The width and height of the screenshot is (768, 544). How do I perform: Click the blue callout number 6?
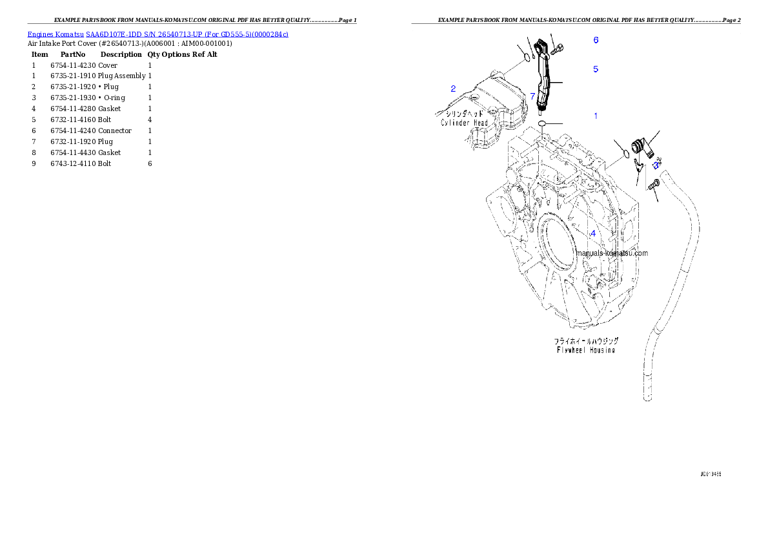pos(596,40)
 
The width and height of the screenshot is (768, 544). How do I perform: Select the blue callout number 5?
pos(596,68)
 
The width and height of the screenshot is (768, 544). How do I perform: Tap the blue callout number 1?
pos(596,116)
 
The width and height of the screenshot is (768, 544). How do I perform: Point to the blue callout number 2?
pos(453,89)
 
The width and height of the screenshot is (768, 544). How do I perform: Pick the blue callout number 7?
pos(532,96)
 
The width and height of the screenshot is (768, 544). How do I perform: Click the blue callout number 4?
pos(593,233)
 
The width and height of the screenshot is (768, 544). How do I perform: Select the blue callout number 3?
pos(656,165)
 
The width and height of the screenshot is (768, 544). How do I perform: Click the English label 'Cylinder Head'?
pos(463,122)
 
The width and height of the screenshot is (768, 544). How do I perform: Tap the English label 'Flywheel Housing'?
pos(585,350)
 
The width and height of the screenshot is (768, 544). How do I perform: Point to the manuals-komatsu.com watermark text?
pos(611,253)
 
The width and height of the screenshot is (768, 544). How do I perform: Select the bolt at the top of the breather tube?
pos(558,47)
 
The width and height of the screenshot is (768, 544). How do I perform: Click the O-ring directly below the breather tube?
pos(542,123)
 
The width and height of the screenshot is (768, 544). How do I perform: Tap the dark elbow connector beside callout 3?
pos(642,147)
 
